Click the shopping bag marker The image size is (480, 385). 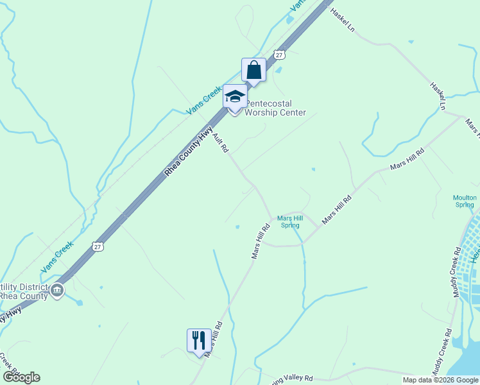253,69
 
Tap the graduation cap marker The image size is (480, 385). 235,98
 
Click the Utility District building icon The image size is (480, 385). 58,291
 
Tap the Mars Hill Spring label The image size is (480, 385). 289,221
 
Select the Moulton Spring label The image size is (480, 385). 465,201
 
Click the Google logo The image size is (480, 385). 21,377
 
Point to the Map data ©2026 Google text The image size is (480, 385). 440,380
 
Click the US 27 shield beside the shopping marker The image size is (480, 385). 279,55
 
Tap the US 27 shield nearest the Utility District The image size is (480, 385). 97,246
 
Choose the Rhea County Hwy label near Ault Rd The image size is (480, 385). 189,151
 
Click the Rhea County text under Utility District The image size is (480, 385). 24,296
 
